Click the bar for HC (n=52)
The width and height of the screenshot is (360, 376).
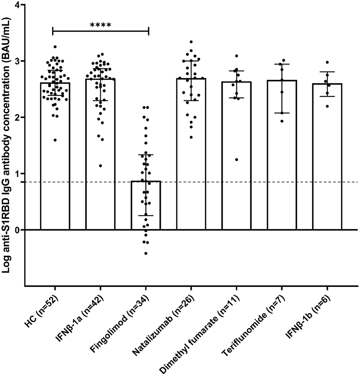click(55, 156)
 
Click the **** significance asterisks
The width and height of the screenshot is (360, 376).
click(101, 25)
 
